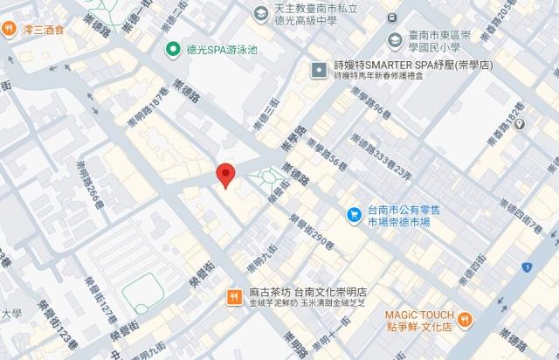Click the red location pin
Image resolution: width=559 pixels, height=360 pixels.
(225, 174)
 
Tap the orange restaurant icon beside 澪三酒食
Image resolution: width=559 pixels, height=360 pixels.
(8, 27)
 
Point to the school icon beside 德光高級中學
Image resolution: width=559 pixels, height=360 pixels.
(260, 12)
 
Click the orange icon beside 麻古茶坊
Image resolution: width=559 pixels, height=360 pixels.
(234, 296)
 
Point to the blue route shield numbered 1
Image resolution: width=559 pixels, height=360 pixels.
(527, 266)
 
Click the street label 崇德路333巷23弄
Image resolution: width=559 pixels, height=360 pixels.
(379, 166)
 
